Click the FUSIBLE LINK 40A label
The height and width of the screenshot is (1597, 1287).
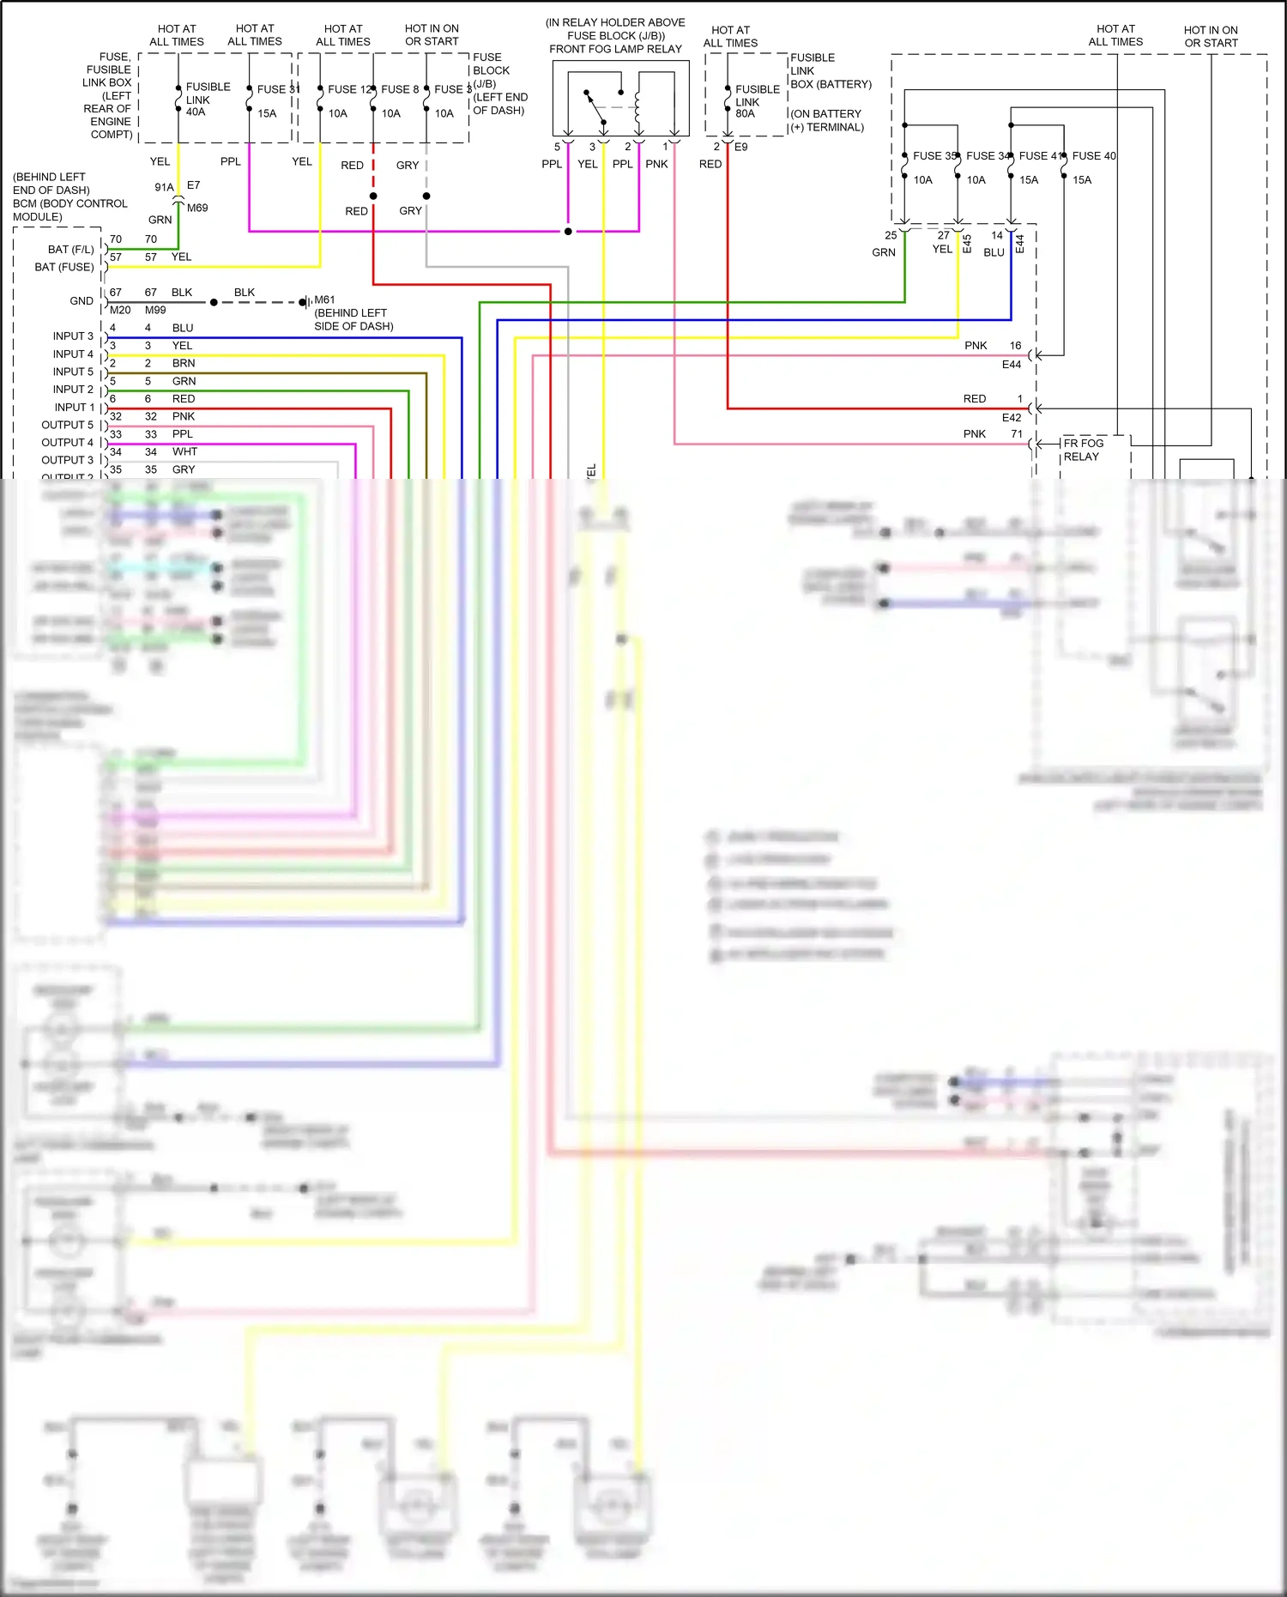coord(207,100)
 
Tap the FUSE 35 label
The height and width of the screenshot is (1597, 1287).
coord(934,156)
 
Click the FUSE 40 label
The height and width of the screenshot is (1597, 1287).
coord(1094,156)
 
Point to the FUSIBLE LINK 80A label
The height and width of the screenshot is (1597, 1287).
coord(757,101)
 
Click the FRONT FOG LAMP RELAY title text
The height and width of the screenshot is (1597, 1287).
coord(615,49)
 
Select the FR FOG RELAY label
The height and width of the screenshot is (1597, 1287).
coord(1083,450)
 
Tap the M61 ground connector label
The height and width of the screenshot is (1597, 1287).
coord(324,299)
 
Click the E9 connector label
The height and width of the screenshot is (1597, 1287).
coord(740,147)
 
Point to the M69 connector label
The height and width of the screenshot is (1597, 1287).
coord(197,208)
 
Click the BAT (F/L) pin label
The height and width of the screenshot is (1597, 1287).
coord(70,250)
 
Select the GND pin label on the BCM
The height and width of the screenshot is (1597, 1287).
coord(82,301)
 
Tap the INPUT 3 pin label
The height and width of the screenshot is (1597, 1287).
coord(73,336)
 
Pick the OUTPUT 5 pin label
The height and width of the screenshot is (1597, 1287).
coord(67,425)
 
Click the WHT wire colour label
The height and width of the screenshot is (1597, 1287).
coord(184,451)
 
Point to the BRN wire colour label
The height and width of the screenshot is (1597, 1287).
coord(184,363)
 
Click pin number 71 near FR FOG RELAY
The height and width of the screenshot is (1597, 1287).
coord(1016,434)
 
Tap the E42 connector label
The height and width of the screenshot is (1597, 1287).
coord(1012,418)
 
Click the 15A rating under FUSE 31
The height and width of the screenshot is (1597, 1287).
coord(267,113)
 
